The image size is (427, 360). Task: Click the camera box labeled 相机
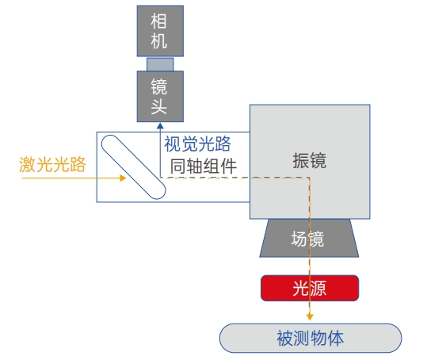click(160, 31)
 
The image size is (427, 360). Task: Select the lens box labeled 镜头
click(160, 97)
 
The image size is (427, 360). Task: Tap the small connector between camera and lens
click(160, 64)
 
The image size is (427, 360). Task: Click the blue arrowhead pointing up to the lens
click(160, 125)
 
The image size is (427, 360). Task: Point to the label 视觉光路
click(197, 144)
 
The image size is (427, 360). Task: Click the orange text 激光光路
click(52, 164)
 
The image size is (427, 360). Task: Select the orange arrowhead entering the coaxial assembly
click(123, 178)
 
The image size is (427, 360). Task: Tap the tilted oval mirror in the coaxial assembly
click(133, 167)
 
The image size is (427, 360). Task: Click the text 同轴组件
click(204, 167)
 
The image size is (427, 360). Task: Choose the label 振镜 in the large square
click(309, 160)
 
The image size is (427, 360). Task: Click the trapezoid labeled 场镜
click(309, 238)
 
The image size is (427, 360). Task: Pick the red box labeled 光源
click(310, 288)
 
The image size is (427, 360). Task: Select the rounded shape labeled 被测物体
click(311, 338)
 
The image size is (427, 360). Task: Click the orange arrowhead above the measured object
click(310, 317)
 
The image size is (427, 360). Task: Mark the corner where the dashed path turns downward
click(309, 178)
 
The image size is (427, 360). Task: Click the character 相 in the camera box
click(158, 21)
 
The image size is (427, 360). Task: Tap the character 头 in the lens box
click(158, 106)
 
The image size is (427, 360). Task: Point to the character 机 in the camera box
click(158, 41)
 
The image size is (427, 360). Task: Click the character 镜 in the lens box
click(158, 86)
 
